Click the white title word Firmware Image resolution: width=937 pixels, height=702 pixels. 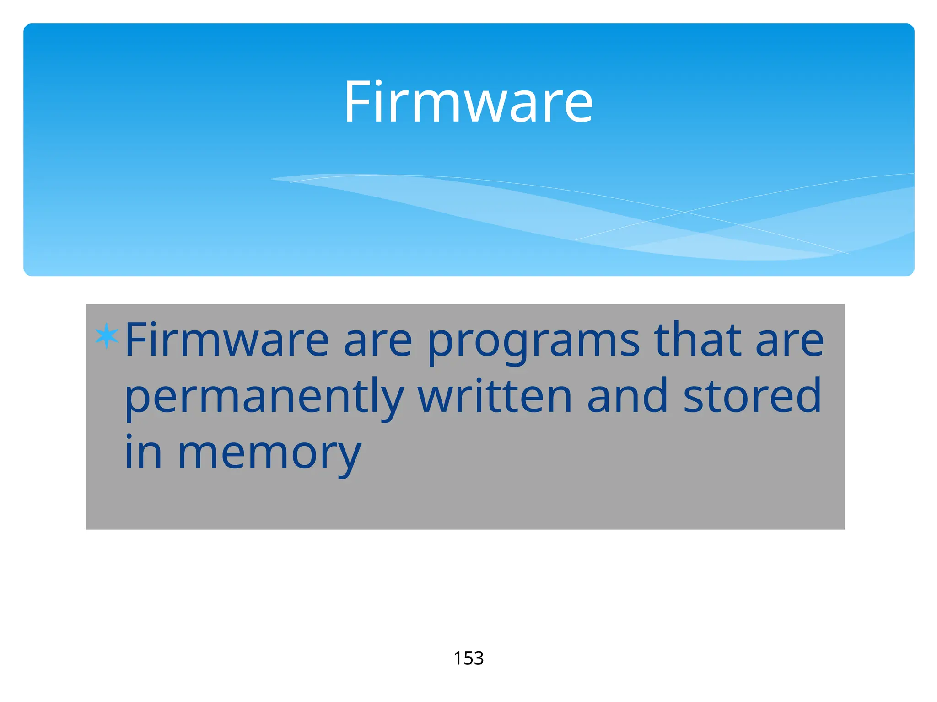coord(468,101)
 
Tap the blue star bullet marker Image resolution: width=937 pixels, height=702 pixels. coord(107,336)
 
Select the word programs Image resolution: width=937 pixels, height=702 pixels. coord(533,341)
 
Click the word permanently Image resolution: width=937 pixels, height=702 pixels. coord(264,397)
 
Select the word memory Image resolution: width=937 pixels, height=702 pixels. coord(269,455)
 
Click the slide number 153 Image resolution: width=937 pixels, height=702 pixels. coord(468,658)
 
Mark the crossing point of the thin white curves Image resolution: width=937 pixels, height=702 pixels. coord(685,212)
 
